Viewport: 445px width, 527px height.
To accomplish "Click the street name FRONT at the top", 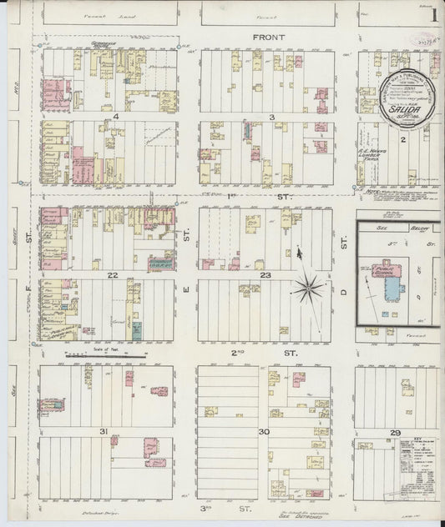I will (x=270, y=38).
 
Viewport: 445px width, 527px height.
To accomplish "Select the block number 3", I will (x=272, y=117).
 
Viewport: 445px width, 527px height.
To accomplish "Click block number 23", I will (x=265, y=274).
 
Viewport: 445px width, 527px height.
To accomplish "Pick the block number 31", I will (x=104, y=431).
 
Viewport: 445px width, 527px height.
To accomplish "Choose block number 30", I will (x=264, y=431).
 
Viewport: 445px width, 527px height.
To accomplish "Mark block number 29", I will (x=395, y=433).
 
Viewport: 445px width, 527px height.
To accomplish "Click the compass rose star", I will (x=308, y=289).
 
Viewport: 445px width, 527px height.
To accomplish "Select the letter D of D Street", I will (x=343, y=289).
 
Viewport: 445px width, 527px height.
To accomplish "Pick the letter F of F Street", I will (x=27, y=289).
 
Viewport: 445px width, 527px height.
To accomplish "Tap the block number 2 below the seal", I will (x=402, y=141).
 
